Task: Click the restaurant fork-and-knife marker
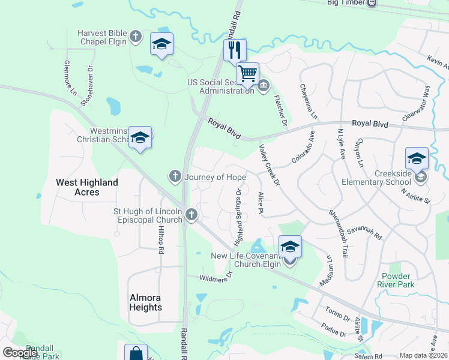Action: pos(235,50)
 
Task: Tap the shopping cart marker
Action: pos(247,73)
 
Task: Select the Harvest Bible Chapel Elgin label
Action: pos(102,37)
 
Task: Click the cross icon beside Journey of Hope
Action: pos(175,176)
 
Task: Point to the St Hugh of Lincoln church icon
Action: pos(191,214)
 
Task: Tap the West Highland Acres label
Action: pos(87,187)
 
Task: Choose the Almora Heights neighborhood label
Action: pos(146,302)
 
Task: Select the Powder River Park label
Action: pos(396,280)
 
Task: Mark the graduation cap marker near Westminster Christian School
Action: pos(140,138)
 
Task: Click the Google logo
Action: pos(20,353)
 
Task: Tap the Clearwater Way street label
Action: pos(417,103)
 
